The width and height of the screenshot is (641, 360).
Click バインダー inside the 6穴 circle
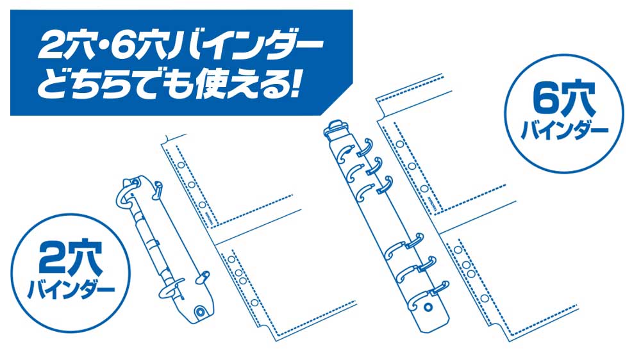564,131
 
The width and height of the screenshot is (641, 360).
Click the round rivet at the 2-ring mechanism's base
201,311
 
